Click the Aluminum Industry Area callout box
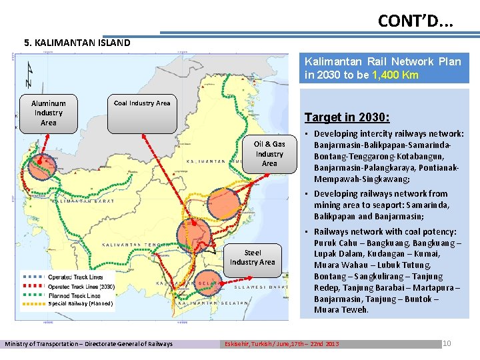(49, 113)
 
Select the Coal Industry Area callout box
(142, 103)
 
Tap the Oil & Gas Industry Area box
(269, 153)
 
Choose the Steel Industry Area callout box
(253, 257)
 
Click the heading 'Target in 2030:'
(347, 117)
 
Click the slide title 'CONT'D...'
(415, 21)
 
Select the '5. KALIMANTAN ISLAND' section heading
(77, 43)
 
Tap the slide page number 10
(447, 343)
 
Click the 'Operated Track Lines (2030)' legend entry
(81, 286)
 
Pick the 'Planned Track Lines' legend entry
(74, 295)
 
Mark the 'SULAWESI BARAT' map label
(263, 287)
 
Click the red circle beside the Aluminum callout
(44, 164)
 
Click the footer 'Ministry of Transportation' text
(89, 344)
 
